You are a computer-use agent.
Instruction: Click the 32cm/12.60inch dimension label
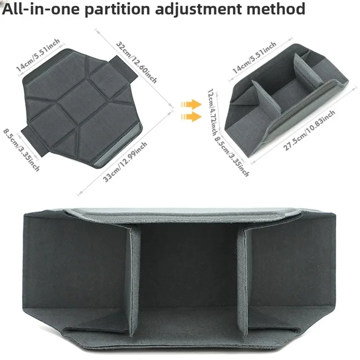point(137,62)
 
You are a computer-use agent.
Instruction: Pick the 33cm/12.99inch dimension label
point(125,162)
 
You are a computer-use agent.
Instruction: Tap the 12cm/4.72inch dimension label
point(212,112)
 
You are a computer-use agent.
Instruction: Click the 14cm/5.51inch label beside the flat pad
point(38,54)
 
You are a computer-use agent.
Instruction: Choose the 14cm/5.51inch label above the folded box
point(254,58)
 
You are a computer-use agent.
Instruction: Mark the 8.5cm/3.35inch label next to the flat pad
point(21,150)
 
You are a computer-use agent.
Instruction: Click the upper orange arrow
point(191,104)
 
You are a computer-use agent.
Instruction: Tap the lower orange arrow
point(191,117)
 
